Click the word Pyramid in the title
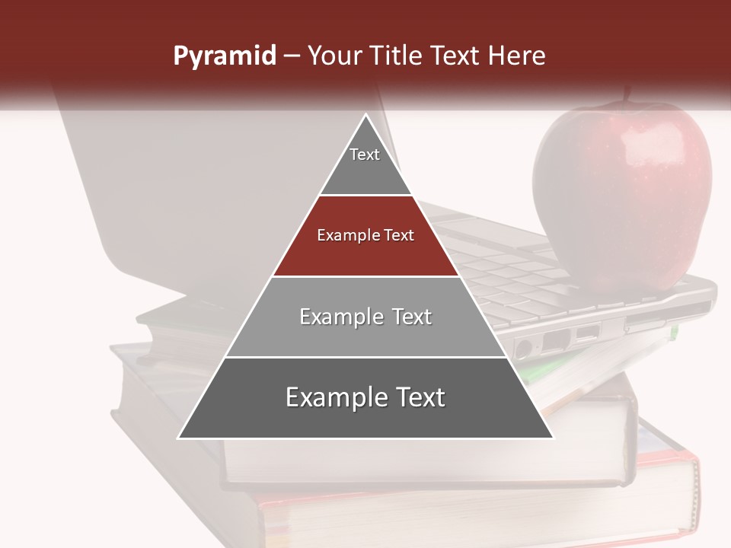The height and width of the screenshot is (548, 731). coord(225,56)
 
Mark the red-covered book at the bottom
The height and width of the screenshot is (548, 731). coord(487,518)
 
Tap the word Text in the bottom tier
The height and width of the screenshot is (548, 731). coord(415,398)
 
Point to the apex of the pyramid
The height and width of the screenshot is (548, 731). coord(365,115)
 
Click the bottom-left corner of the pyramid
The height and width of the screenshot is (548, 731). coord(179,438)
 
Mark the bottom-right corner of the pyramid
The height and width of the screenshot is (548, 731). coord(552,438)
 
